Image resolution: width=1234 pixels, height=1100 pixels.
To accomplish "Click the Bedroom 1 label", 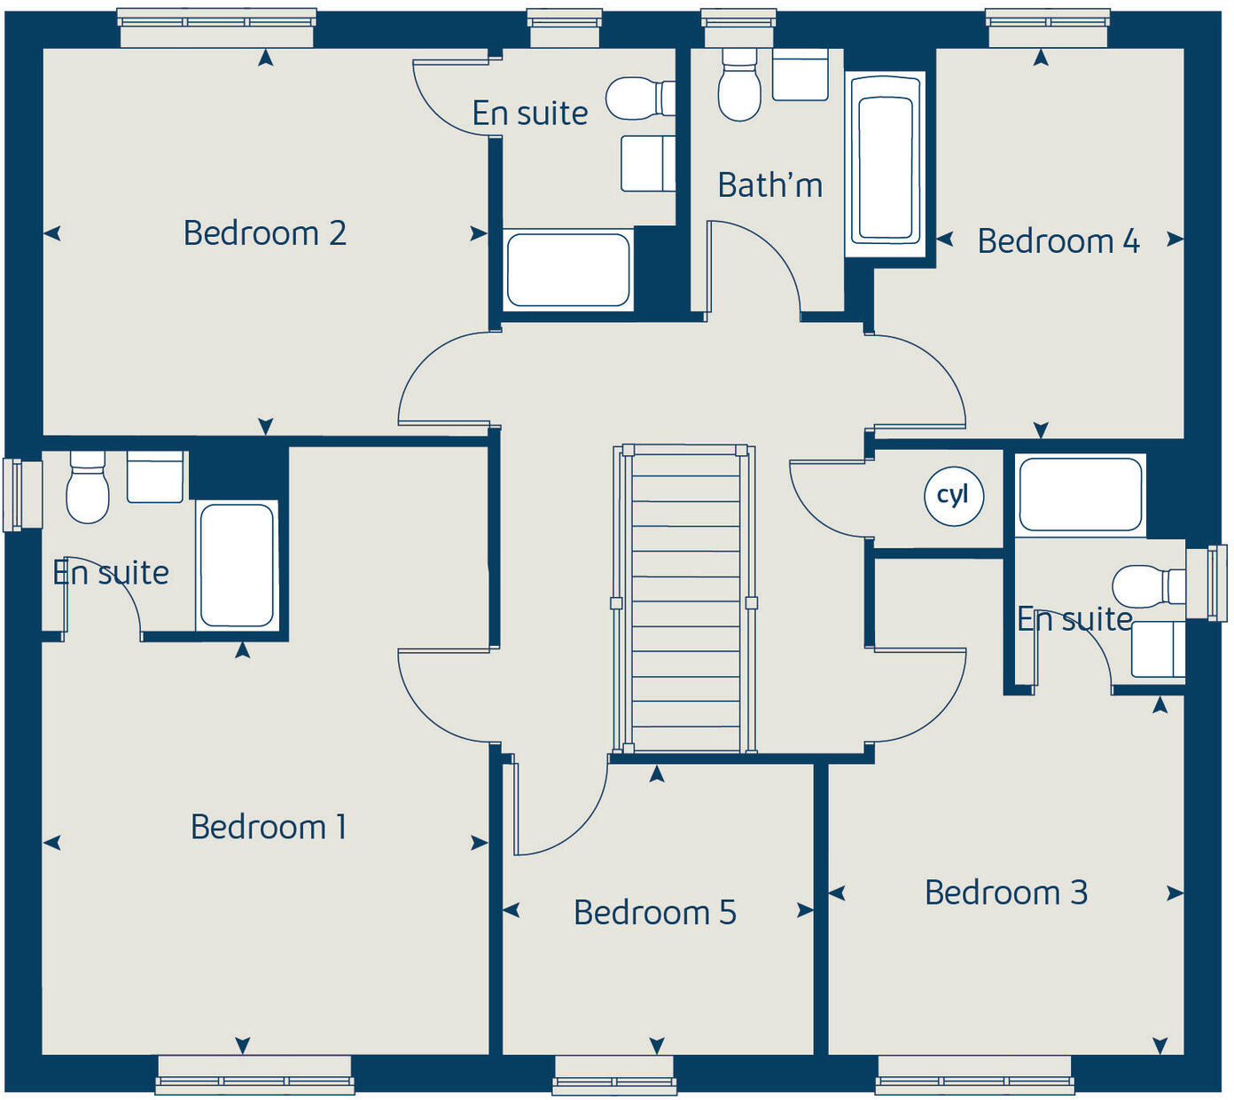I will point(268,827).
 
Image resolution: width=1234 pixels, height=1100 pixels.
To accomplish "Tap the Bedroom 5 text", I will point(654,912).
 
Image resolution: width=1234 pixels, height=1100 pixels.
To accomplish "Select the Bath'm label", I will point(769,185).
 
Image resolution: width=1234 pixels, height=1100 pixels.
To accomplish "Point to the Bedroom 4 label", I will point(1058,241).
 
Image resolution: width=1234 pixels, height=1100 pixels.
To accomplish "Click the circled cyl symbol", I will point(953,495).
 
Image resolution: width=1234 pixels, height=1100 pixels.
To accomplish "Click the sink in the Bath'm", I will point(800,75).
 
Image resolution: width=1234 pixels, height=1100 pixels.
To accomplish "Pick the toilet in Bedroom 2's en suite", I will point(638,98).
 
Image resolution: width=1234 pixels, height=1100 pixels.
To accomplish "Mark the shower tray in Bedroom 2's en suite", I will point(567,270).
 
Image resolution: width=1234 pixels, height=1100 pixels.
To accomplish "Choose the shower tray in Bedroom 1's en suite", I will point(237,565).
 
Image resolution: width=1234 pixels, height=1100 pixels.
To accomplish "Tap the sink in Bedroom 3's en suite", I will point(1158,648).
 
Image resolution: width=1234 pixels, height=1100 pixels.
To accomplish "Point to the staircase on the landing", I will point(684,599).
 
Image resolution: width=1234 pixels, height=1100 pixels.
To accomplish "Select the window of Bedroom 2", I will point(216,27).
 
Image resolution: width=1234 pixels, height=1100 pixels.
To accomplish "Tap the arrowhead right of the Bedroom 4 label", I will point(1175,239).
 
